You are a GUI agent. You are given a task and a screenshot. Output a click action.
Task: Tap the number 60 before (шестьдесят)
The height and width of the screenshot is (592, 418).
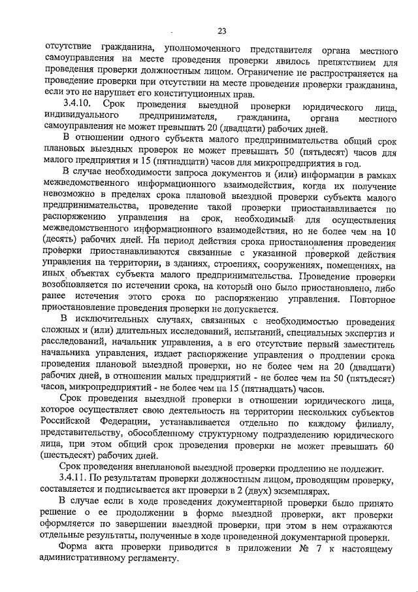(390, 445)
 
